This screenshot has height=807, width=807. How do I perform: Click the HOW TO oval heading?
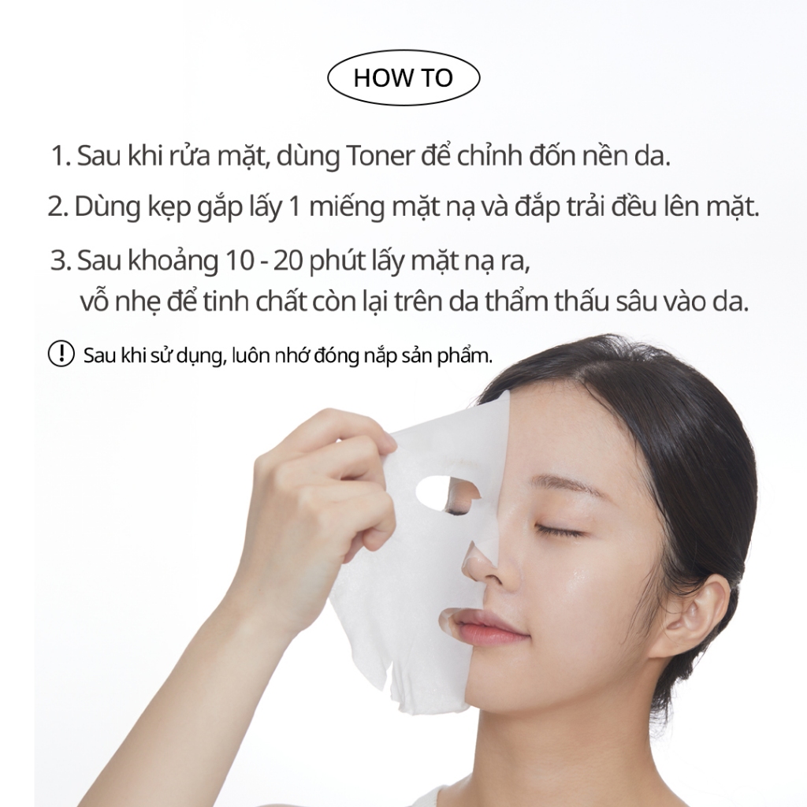tap(403, 78)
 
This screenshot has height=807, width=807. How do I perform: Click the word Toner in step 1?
tap(381, 156)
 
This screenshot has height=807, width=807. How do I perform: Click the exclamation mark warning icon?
tap(61, 354)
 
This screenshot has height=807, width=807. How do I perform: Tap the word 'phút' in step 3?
tap(337, 262)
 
